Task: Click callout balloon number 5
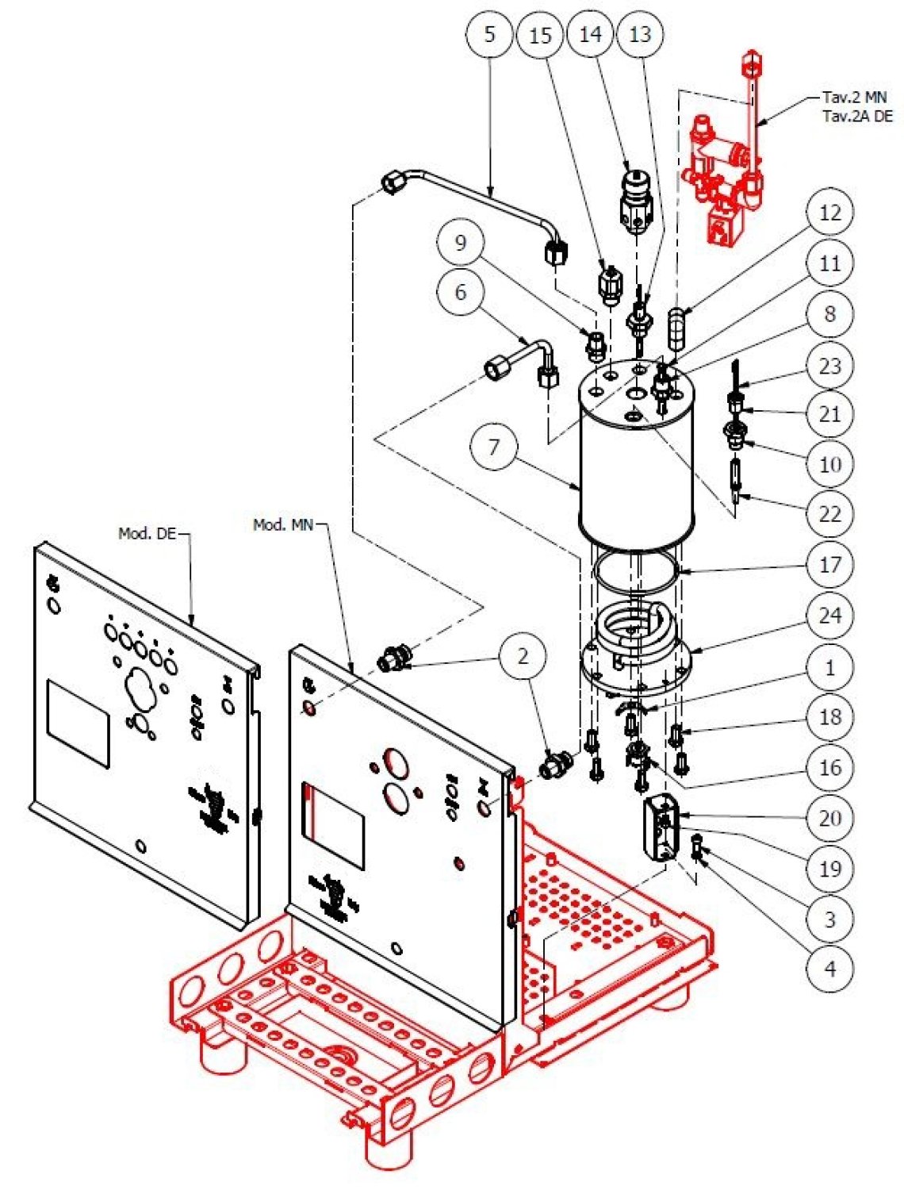(x=489, y=34)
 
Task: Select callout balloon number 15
(x=540, y=36)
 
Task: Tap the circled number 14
(x=591, y=35)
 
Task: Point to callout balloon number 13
(x=640, y=35)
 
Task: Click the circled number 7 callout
(x=494, y=447)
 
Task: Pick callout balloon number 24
(x=829, y=616)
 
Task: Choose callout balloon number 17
(x=829, y=566)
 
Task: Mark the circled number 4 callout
(x=829, y=969)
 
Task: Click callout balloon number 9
(x=461, y=242)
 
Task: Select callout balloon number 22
(x=829, y=514)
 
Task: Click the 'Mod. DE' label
(x=147, y=534)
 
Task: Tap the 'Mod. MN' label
(x=282, y=524)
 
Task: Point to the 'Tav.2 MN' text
(x=854, y=98)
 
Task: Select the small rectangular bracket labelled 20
(x=661, y=829)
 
